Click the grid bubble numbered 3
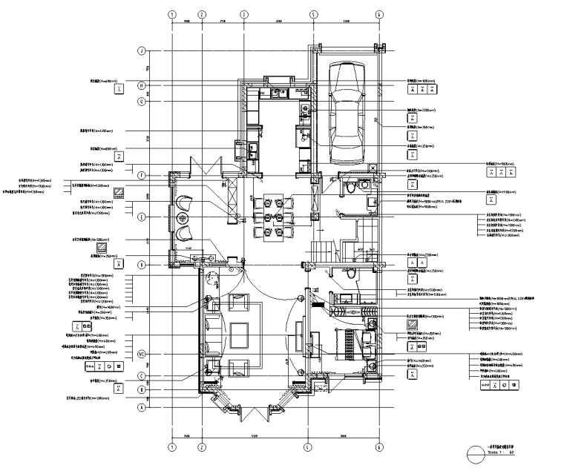[243, 14]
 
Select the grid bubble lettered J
[140, 51]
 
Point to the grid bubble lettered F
[140, 175]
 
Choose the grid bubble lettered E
[140, 216]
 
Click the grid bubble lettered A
[140, 406]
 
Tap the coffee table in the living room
[240, 334]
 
